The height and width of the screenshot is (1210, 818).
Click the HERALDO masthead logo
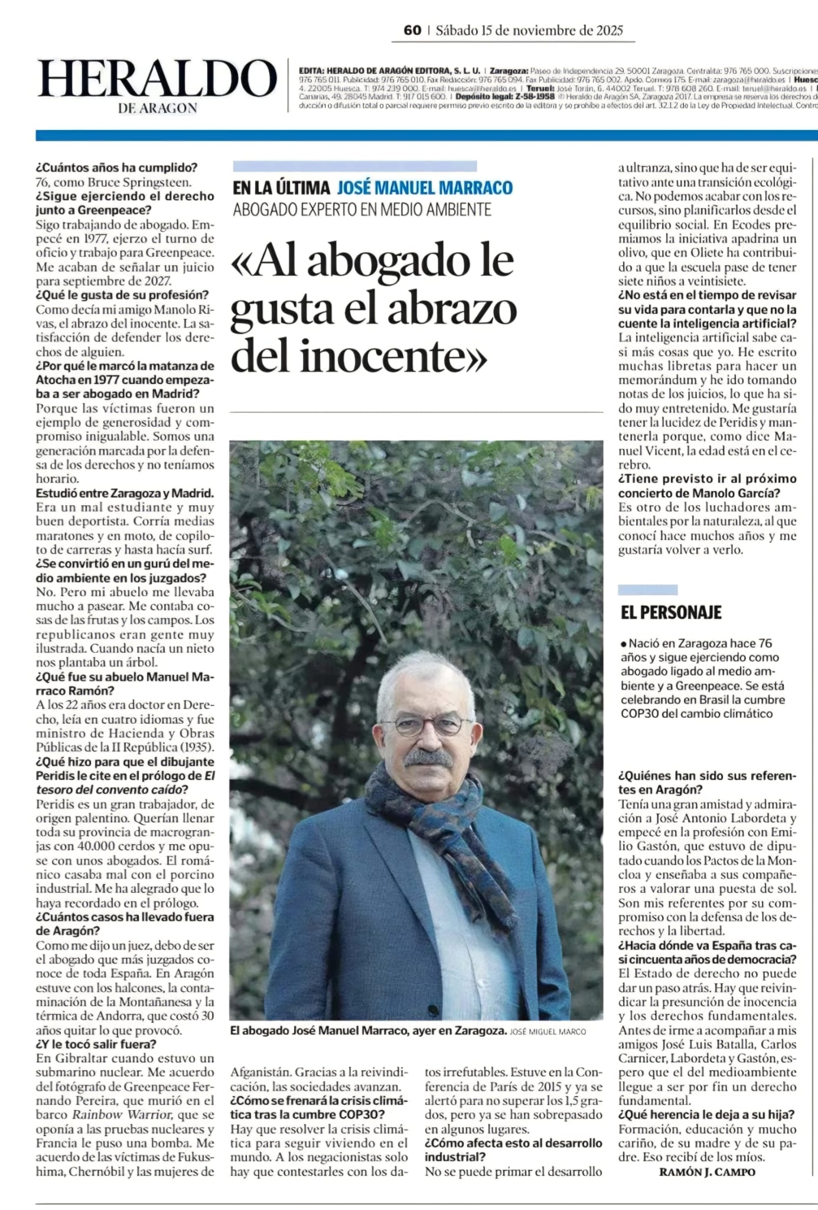157,79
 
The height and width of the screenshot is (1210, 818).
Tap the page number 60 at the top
412,30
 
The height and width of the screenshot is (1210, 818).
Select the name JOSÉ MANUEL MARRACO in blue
425,188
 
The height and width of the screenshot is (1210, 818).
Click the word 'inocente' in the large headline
393,357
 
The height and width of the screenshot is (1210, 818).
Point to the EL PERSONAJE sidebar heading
671,612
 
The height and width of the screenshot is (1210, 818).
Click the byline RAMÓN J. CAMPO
707,1172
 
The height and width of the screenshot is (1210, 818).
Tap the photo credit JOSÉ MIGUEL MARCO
547,1031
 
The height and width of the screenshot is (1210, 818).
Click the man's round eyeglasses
433,724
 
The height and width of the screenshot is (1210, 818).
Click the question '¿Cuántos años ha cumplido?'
117,168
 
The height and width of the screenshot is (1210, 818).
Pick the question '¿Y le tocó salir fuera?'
96,1044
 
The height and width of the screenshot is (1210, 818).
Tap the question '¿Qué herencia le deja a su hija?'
706,1114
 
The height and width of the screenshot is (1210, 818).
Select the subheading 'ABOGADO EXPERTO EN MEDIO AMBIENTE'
362,209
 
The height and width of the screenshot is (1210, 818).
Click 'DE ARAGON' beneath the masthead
158,108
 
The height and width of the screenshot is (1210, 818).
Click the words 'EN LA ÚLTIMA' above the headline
281,188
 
